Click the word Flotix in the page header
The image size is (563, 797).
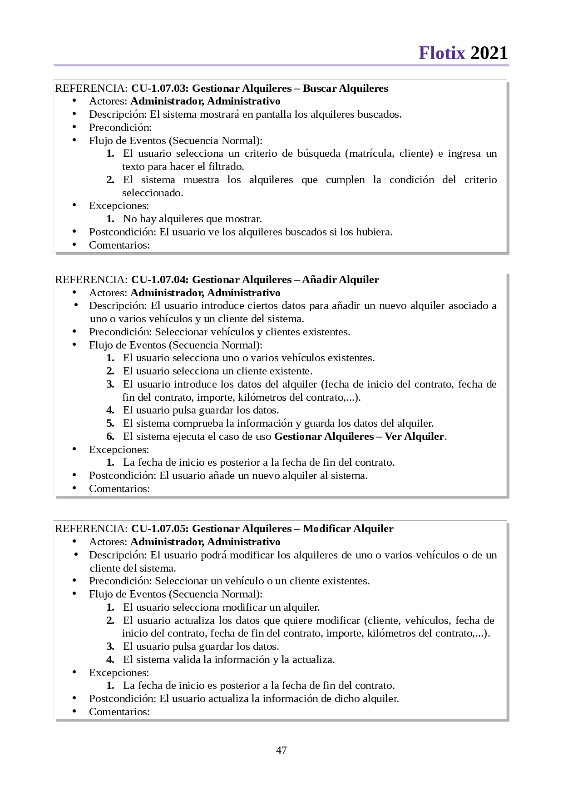pyautogui.click(x=442, y=53)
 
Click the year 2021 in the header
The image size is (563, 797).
pyautogui.click(x=489, y=53)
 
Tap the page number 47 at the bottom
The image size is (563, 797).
pyautogui.click(x=281, y=750)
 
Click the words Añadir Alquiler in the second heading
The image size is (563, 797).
pyautogui.click(x=341, y=279)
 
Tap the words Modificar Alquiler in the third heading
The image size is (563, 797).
pyautogui.click(x=348, y=528)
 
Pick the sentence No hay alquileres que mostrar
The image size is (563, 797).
pyautogui.click(x=192, y=219)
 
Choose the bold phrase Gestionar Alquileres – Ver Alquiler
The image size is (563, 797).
pyautogui.click(x=359, y=436)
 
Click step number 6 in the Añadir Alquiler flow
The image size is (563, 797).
pyautogui.click(x=110, y=436)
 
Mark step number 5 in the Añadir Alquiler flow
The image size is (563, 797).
pyautogui.click(x=110, y=423)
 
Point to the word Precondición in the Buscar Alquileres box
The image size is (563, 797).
pyautogui.click(x=120, y=127)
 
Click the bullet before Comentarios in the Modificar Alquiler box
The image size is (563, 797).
pyautogui.click(x=74, y=711)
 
